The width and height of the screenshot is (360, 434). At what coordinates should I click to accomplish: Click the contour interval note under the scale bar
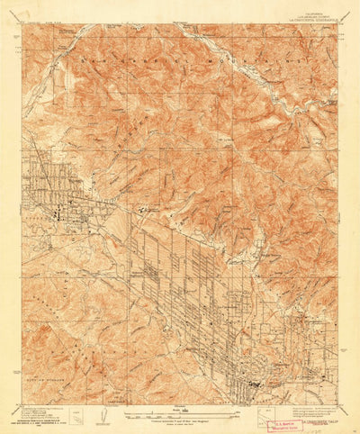pyautogui.click(x=180, y=422)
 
